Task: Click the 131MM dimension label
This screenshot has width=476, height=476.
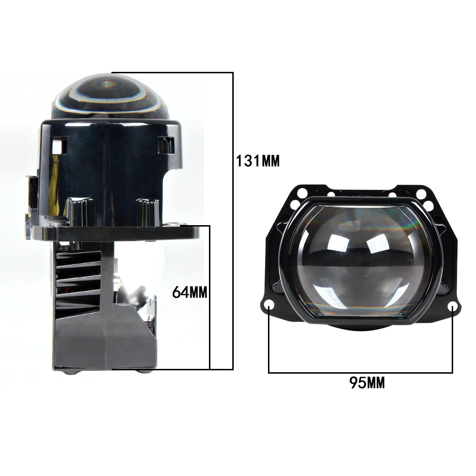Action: pos(258,161)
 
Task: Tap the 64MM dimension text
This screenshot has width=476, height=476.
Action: pos(190,292)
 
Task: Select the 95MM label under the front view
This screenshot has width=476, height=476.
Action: pos(367,383)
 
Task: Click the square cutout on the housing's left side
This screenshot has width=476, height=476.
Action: pos(58,145)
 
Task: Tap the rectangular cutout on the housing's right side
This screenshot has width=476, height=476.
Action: pos(166,144)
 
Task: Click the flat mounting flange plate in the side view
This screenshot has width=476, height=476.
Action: pos(115,232)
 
